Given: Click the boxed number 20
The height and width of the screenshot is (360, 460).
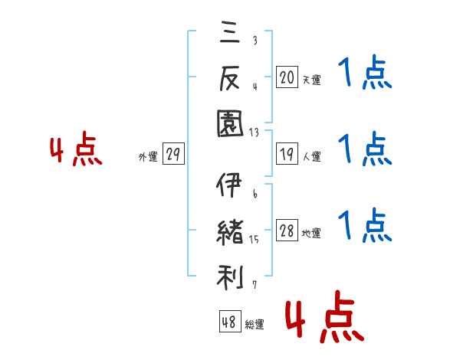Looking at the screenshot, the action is [287, 77].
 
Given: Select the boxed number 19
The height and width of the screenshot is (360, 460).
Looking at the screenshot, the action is [287, 155].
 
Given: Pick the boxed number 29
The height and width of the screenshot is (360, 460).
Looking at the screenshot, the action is [172, 155].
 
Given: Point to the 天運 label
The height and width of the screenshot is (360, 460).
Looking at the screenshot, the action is [312, 79].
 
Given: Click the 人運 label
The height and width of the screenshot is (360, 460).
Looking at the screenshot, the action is [312, 156].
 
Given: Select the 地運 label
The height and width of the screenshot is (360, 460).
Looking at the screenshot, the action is [312, 234].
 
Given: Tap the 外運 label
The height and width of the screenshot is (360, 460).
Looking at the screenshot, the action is [147, 156].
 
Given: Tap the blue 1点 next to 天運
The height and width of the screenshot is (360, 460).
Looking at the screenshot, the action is [365, 76].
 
